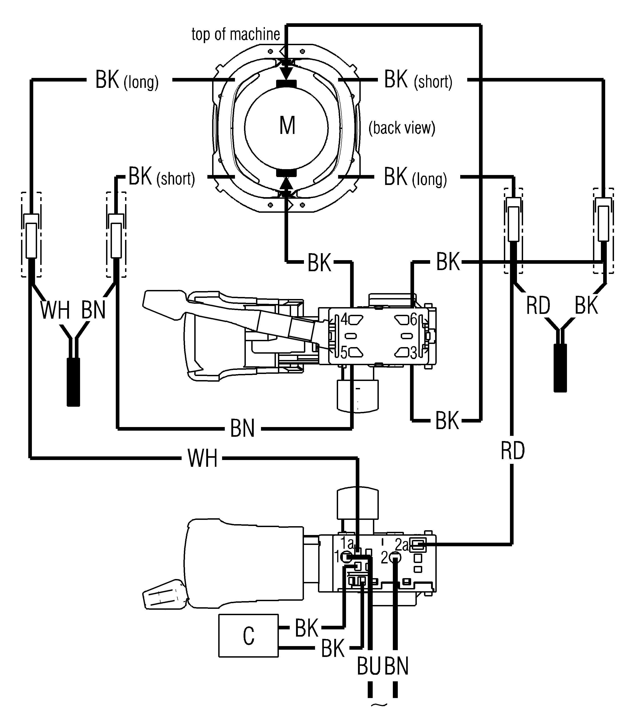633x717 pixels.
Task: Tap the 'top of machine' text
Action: (236, 34)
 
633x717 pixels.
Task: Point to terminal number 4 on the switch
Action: (344, 320)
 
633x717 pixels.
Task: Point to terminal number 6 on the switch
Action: (413, 320)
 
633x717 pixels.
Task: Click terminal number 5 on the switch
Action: (344, 353)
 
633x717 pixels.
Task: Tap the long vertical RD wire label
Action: (512, 451)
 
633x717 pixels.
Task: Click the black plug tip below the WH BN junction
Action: (73, 382)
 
